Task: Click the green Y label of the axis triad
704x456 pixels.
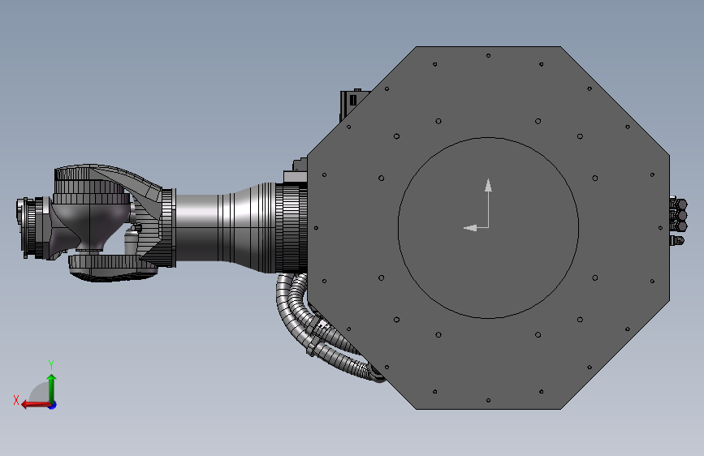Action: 51,364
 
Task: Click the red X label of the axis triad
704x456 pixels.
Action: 16,400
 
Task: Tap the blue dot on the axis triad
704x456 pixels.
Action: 53,405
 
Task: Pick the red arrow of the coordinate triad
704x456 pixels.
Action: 36,405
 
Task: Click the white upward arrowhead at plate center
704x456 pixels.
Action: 488,185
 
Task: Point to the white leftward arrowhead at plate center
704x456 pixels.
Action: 469,228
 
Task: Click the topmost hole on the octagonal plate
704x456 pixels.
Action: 488,56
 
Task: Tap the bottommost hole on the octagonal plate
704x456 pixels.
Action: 488,400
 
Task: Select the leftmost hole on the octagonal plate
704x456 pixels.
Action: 316,228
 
